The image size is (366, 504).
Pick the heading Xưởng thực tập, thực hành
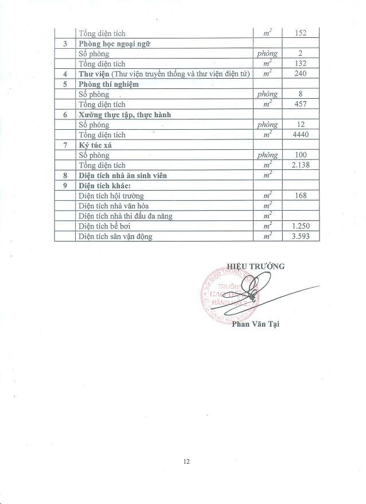pos(124,114)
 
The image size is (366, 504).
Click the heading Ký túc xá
pos(95,145)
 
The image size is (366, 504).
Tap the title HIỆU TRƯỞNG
pos(255,266)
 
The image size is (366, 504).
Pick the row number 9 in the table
pos(65,185)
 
